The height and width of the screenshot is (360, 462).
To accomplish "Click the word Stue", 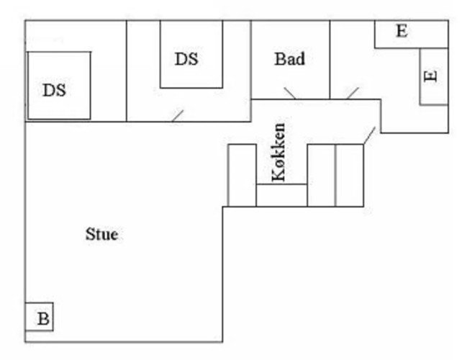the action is pos(102,235).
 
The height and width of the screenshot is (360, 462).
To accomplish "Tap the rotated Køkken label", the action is pos(278,152).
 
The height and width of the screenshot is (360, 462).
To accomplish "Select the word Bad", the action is pos(289,58).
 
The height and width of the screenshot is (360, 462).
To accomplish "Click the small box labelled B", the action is pos(39,317).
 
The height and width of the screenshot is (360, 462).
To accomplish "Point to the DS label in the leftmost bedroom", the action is pos(55,90).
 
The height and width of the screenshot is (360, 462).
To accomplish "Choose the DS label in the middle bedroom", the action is pos(186,58).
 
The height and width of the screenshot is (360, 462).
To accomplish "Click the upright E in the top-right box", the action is pos(402,31).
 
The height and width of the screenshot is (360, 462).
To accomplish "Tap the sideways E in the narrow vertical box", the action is pos(430,76).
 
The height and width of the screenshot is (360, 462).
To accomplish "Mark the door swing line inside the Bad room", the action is pos(290,93).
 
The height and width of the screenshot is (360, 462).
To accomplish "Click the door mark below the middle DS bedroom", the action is pos(178,116).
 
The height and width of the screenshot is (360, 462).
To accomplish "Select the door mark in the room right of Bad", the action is pos(353,93).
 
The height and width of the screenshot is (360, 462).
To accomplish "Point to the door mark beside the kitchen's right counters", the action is pos(369,135).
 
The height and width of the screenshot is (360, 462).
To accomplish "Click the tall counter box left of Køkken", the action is pos(243,176).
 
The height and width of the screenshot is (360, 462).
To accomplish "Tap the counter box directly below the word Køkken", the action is pos(281,195).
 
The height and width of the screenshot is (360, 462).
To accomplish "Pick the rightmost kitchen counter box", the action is pos(350,176).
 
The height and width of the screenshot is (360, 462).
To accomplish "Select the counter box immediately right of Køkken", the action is pos(322,176).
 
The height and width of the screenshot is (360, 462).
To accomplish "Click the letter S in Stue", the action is pos(89,235).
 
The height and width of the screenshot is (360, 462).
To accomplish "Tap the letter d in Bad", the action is pos(300,58).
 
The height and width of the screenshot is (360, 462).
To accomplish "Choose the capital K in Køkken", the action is pos(278,176).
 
